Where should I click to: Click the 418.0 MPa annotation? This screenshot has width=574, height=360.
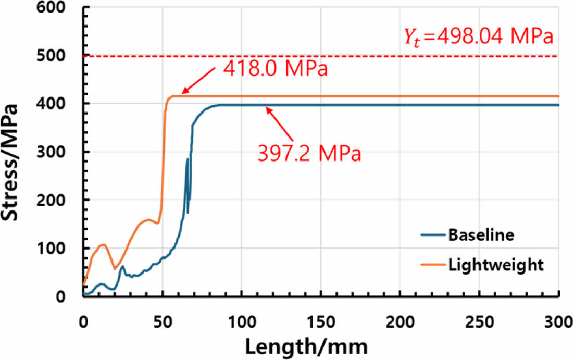coord(276,68)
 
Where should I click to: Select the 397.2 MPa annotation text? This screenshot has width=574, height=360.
coord(309,155)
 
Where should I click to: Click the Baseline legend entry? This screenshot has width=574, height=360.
coord(481,235)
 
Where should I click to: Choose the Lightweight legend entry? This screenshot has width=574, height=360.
coord(495,265)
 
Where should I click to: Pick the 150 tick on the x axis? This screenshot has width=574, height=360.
coord(321,314)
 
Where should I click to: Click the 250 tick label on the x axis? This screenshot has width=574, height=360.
coord(480,314)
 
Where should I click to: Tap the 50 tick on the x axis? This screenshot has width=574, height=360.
coord(163,314)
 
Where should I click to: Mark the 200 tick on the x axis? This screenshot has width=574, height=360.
coord(401,314)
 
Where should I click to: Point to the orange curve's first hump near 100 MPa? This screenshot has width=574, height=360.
coord(102,244)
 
